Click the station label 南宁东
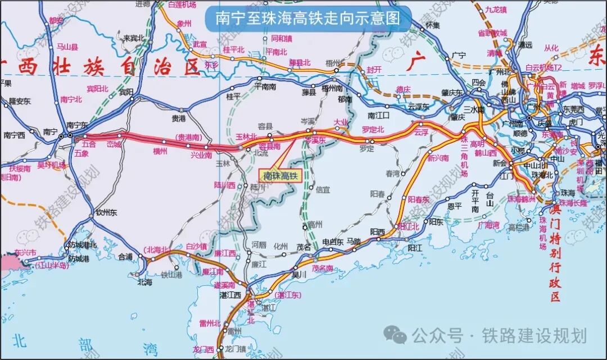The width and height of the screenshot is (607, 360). tap(78, 126)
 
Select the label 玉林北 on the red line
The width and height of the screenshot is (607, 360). tap(246, 136)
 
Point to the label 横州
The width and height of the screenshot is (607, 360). tap(160, 151)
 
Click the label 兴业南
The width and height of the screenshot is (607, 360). tap(201, 154)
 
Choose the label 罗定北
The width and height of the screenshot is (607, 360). tap(373, 130)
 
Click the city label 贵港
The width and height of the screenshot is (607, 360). tap(178, 119)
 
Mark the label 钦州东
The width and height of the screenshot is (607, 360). tap(106, 213)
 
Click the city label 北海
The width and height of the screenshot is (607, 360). tap(145, 282)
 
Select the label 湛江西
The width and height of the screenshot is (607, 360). tap(230, 295)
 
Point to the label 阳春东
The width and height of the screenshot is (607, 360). tap(418, 199)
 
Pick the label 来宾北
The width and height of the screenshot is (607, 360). tap(127, 39)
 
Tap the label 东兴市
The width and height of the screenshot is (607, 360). tap(25, 253)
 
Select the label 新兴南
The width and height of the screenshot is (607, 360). tap(438, 158)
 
